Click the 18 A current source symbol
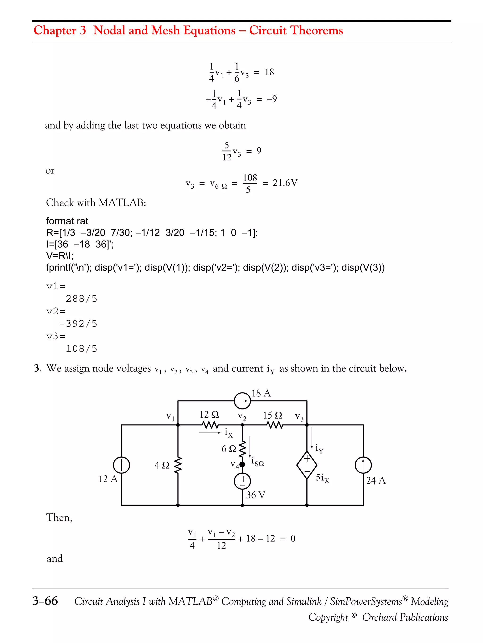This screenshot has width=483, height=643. click(242, 401)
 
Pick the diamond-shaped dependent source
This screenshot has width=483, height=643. click(307, 465)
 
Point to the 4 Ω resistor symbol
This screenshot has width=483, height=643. click(178, 465)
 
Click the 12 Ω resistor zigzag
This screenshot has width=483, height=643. click(210, 425)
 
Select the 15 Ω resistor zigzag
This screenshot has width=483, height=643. click(274, 425)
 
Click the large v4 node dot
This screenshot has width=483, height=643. click(242, 465)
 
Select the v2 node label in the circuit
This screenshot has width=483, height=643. click(242, 417)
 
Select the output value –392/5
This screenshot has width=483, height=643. click(78, 324)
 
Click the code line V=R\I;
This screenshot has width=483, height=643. click(60, 256)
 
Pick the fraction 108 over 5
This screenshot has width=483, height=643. click(250, 183)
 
